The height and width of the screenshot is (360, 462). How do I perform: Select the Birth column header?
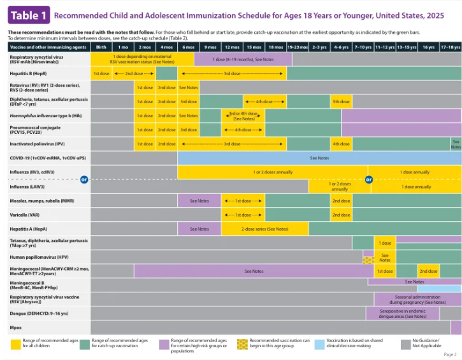pos(101,47)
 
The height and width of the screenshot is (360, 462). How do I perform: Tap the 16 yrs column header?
pos(428,47)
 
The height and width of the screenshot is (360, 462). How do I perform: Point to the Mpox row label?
pos(15,327)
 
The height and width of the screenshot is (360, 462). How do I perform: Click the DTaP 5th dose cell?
pos(340,101)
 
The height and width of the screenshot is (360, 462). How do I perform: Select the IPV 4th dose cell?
pos(340,143)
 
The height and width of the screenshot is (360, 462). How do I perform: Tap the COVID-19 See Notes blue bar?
pos(319,157)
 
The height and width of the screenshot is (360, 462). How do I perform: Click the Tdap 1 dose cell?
pos(385,243)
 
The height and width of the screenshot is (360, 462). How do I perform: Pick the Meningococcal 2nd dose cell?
pos(428,271)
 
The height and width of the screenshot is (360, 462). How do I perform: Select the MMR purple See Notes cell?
pos(199,201)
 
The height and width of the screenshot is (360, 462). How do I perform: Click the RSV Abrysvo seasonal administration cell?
pos(417,299)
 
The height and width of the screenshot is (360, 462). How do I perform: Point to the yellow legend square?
pos(16,344)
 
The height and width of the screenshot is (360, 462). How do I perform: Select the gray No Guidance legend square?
pos(405,344)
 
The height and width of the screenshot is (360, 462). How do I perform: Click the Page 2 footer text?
pos(449,354)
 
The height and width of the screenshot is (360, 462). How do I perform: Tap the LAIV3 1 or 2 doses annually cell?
pos(340,187)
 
